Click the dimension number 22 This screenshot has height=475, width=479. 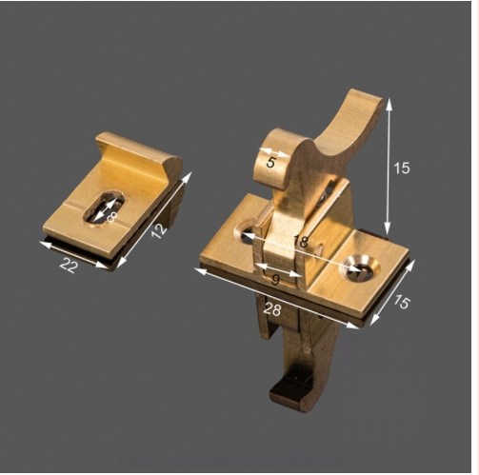click(x=69, y=266)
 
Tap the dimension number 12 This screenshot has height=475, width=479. click(x=158, y=230)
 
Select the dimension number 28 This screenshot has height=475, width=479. click(x=272, y=309)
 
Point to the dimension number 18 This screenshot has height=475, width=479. click(x=301, y=242)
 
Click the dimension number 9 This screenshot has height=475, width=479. click(x=276, y=280)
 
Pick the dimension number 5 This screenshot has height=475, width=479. click(x=270, y=162)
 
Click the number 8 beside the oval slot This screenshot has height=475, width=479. click(x=112, y=217)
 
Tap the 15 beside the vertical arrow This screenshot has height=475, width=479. click(x=402, y=168)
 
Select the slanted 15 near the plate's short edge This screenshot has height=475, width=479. click(x=402, y=302)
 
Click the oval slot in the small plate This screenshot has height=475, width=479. click(x=104, y=208)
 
